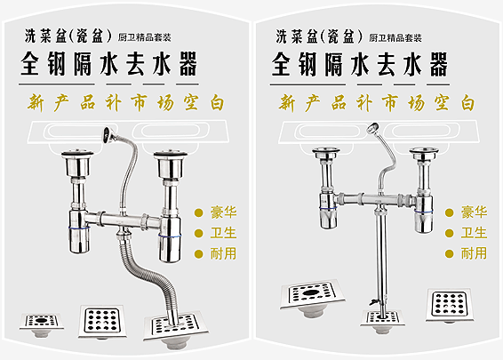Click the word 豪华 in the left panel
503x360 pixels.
[x=223, y=212]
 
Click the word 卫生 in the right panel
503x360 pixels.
[x=475, y=233]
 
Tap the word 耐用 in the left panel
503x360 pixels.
[x=223, y=253]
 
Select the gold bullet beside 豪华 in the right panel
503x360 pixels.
[x=450, y=212]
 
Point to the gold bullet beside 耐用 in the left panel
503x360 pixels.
[x=199, y=254]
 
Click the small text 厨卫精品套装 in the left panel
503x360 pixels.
[x=144, y=38]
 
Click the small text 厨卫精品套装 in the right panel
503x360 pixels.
[x=395, y=38]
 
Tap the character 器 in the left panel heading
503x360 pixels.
[x=188, y=64]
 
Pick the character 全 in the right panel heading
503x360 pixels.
[x=281, y=64]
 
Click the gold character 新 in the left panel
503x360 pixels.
[x=36, y=103]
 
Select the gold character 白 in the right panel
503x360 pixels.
[x=468, y=103]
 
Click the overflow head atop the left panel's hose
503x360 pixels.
[x=108, y=135]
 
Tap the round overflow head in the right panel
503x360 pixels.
[x=372, y=128]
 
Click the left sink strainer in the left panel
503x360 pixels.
[x=77, y=163]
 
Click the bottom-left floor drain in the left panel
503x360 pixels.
[x=42, y=324]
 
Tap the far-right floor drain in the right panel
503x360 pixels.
[x=449, y=306]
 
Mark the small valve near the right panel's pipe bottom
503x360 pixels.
[x=374, y=301]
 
